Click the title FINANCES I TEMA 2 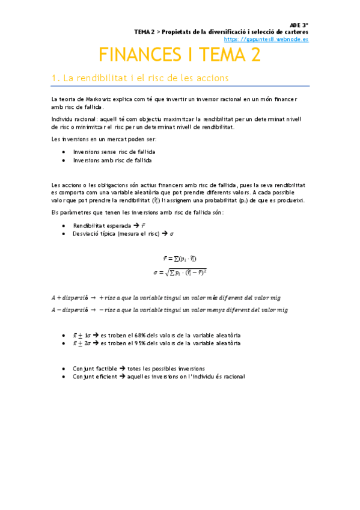click(180, 55)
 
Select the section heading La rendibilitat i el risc click(140, 78)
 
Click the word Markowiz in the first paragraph click(92, 99)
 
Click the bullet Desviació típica click(95, 233)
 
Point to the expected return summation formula click(180, 258)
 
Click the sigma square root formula click(180, 272)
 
